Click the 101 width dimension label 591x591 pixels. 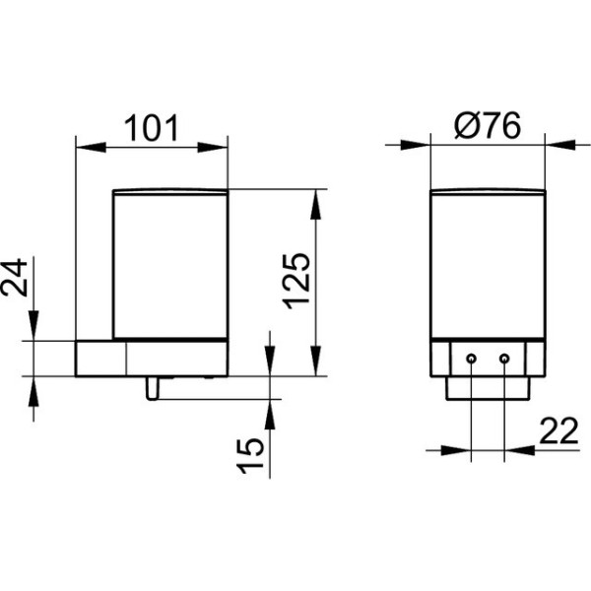pos(151,128)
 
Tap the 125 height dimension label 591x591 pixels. pos(297,281)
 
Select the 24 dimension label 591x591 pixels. pos(15,278)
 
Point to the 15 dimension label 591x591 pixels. pos(250,455)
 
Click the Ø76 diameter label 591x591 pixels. pos(488,125)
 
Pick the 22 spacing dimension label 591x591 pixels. pos(558,430)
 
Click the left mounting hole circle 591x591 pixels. pos(471,359)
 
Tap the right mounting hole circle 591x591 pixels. pos(504,359)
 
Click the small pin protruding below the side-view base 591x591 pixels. pos(153,388)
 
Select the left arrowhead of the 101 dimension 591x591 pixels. pos(91,147)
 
